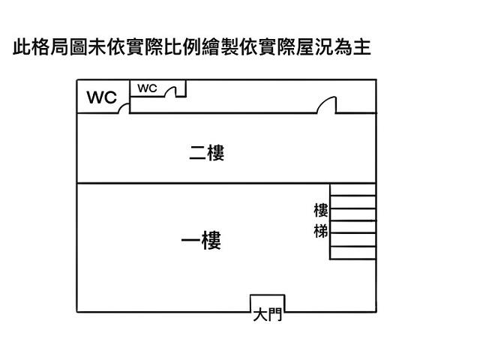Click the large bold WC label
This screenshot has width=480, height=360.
pos(102,97)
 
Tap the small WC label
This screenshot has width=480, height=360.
pos(147,88)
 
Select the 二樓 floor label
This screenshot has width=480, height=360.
pos(206,154)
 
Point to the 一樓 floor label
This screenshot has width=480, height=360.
pos(201,241)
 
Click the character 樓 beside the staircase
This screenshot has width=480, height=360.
pos(321,211)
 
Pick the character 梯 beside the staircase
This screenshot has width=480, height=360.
pos(321,231)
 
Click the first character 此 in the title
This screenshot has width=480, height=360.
pos(22,49)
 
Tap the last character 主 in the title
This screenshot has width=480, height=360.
pos(363,49)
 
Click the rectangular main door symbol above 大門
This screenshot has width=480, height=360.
pos(267,303)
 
